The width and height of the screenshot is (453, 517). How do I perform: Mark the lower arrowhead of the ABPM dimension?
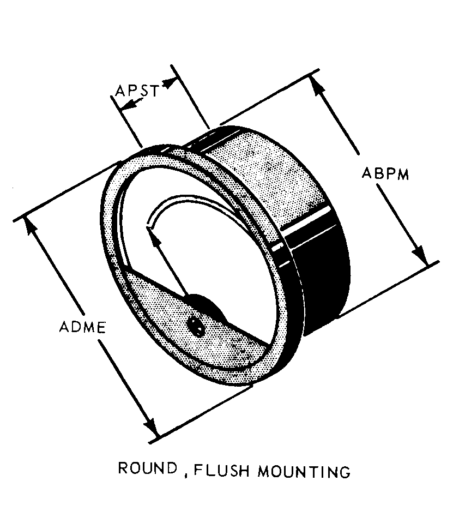tap(420, 256)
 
